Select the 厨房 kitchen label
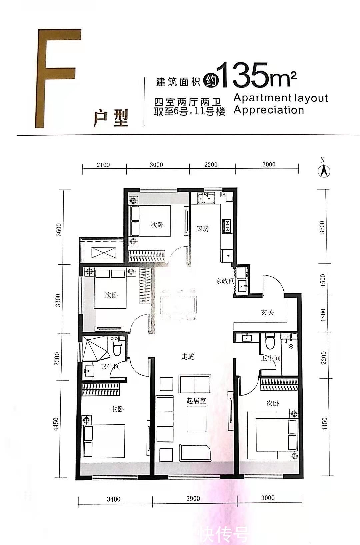click(202, 229)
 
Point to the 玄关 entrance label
click(267, 312)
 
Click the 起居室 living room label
click(196, 400)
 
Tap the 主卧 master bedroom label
click(117, 409)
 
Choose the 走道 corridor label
click(188, 357)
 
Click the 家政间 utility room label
click(225, 281)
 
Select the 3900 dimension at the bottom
click(193, 499)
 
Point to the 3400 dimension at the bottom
click(114, 499)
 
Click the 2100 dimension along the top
click(103, 165)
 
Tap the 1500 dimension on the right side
click(322, 280)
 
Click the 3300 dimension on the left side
click(59, 300)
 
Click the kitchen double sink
click(206, 199)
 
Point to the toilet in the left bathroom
click(117, 347)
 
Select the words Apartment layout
click(281, 98)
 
